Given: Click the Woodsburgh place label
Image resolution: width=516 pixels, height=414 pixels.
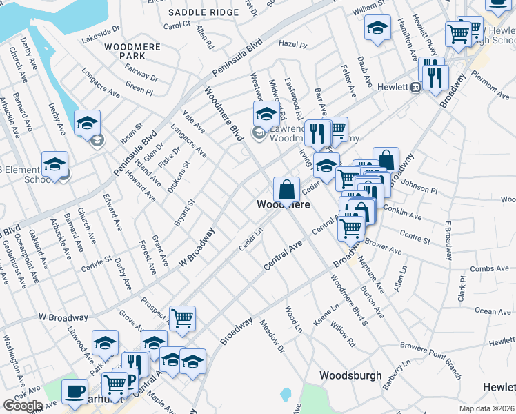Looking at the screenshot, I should point(350,375).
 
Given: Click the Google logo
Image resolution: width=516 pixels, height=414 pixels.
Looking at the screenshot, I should point(22,406).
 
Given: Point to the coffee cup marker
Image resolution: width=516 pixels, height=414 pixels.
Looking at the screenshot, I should point(74,391).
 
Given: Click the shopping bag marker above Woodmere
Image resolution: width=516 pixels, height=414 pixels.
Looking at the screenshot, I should point(286,189).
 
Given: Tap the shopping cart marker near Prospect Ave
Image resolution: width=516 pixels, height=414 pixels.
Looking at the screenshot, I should point(182,318).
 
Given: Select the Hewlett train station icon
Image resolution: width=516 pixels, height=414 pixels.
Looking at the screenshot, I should point(416,88).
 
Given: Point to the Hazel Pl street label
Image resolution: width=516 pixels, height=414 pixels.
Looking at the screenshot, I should point(292,43).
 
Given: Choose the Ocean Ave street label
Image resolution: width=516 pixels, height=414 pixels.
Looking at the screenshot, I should point(493,311).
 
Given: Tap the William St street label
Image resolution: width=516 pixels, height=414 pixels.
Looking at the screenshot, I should point(368,6).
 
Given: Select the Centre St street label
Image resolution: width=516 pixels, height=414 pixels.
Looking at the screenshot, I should point(415,238).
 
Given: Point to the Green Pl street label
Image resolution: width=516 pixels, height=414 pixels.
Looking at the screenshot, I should point(139,89).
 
